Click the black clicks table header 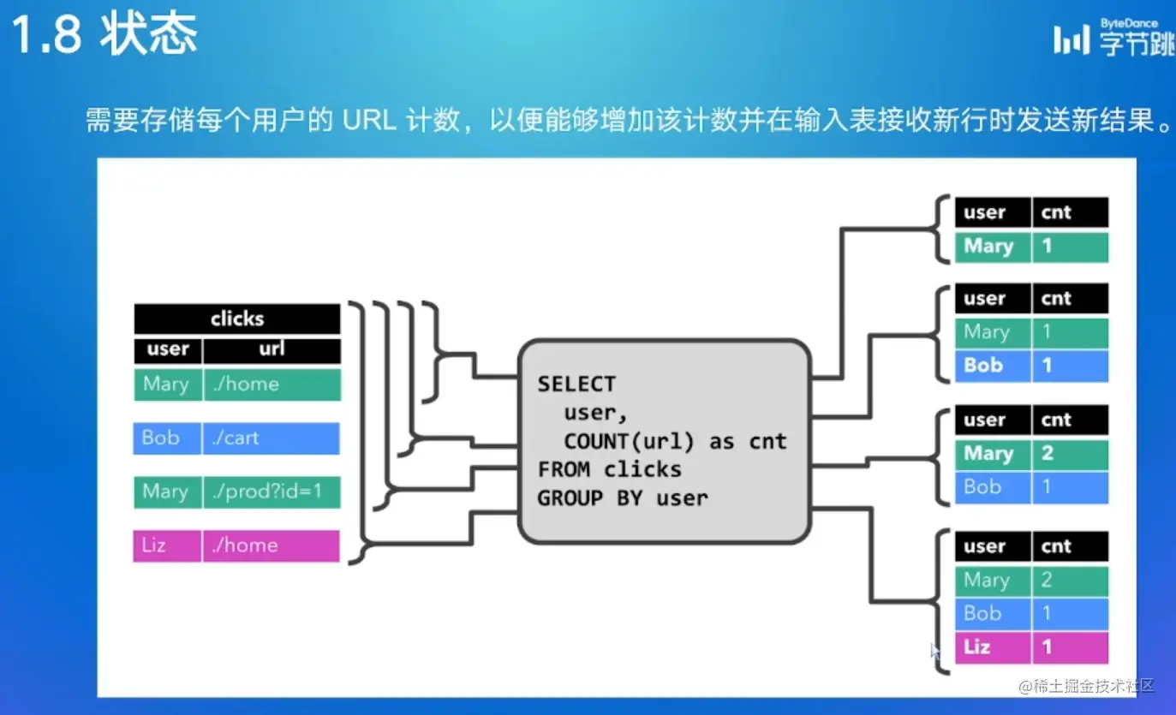tap(237, 319)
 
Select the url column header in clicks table tap(272, 349)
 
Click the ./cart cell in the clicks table tap(271, 438)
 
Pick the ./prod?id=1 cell tap(271, 492)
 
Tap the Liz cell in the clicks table tap(167, 545)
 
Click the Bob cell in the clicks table tap(167, 438)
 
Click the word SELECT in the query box tap(576, 384)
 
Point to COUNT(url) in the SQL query tap(635, 441)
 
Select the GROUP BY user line tap(622, 498)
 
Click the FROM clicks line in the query tap(609, 469)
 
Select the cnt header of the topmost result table tap(1070, 212)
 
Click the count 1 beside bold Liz tap(1070, 647)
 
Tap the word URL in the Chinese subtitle tap(369, 120)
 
